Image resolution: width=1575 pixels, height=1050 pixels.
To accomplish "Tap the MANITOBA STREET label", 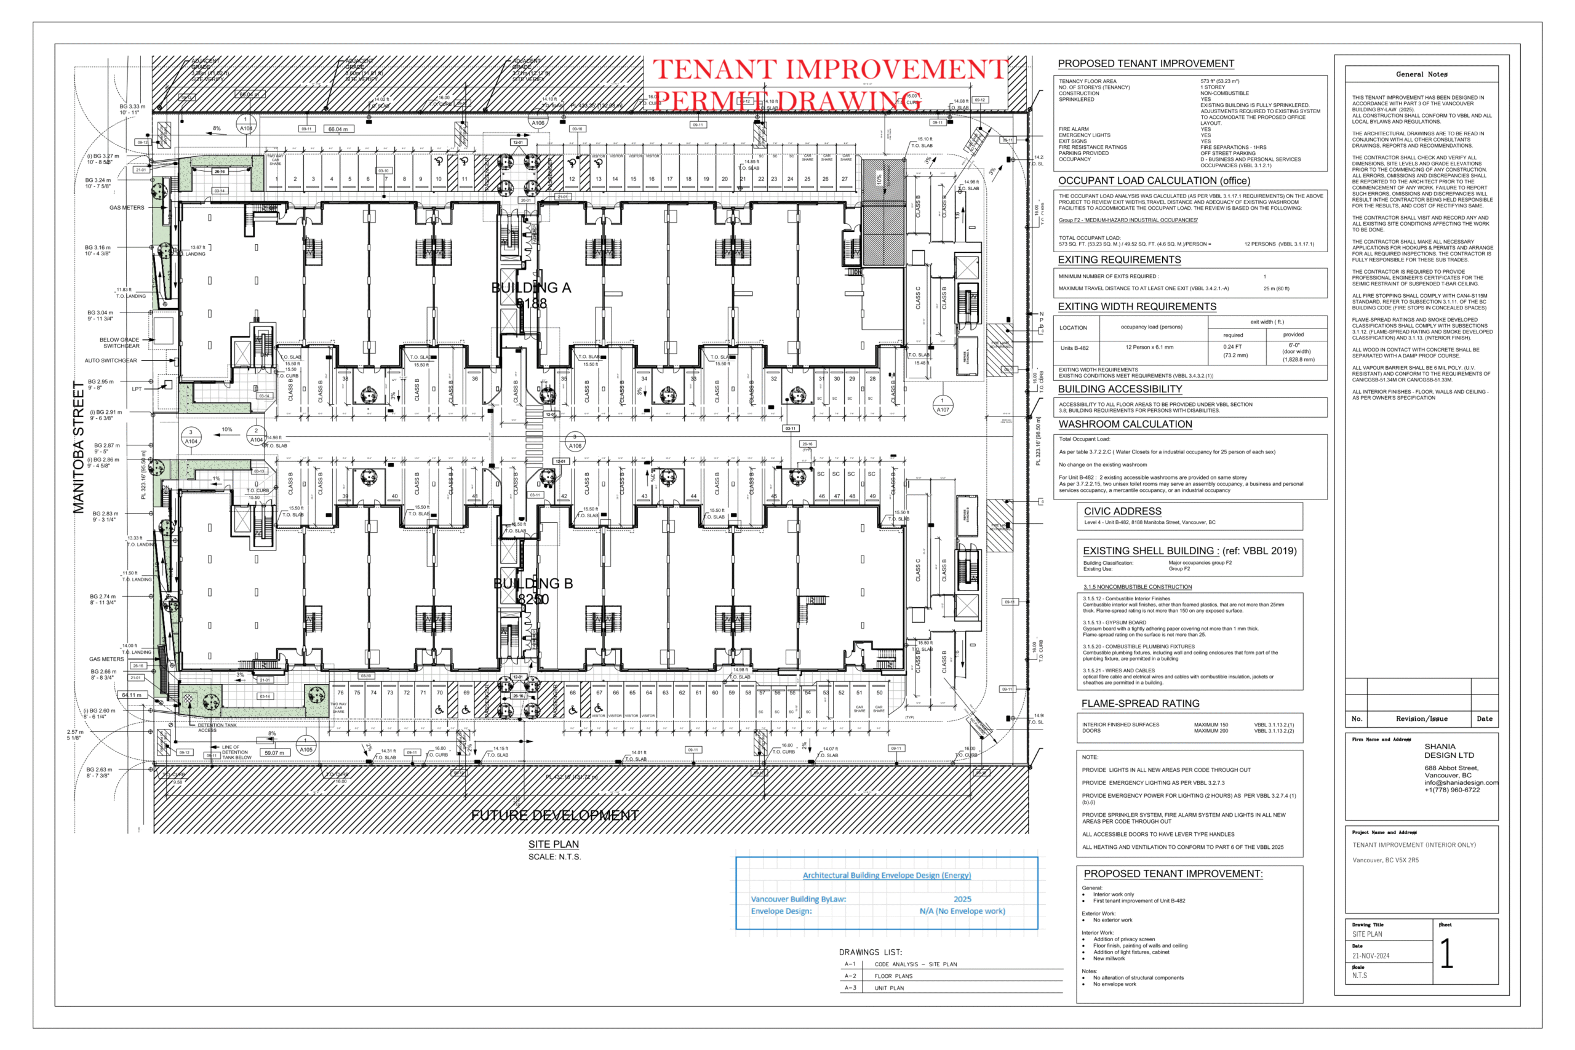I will point(79,447).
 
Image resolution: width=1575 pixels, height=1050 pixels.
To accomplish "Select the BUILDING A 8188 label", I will point(531,295).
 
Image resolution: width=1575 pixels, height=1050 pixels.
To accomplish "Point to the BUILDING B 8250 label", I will point(533,591).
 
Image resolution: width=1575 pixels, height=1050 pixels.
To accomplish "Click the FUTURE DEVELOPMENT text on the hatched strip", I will point(554,815).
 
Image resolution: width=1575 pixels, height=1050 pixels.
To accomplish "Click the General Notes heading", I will point(1421,74).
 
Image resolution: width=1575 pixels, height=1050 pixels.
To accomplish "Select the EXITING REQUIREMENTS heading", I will point(1119,260).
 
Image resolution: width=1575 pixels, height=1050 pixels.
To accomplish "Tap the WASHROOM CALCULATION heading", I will point(1125,424).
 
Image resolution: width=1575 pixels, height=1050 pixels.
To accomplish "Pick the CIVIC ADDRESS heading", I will point(1122,511).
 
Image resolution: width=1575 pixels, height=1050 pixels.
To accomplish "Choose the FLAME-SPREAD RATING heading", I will point(1140,703).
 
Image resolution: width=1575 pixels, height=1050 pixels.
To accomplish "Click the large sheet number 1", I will point(1446,953).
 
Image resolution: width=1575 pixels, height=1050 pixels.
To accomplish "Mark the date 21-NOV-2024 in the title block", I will point(1370,956).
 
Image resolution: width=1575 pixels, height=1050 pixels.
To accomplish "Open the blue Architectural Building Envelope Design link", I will point(887,875).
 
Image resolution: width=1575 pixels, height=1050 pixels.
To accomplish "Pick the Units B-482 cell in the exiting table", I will point(1074,348).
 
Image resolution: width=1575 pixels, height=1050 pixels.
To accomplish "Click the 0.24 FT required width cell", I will point(1232,347).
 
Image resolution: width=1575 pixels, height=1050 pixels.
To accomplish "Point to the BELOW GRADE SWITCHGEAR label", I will point(120,343).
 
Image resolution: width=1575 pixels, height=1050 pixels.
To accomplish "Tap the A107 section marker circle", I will point(942,405).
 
